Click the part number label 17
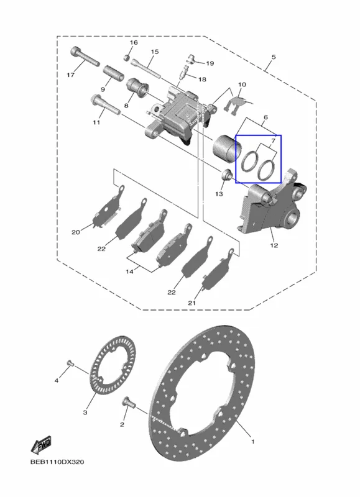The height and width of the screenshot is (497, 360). click(x=70, y=75)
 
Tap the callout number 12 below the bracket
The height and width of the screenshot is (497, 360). click(x=274, y=245)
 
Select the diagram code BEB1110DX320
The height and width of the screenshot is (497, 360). click(x=57, y=462)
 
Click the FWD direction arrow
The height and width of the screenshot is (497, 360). click(x=41, y=445)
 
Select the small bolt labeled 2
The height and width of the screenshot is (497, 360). click(x=129, y=403)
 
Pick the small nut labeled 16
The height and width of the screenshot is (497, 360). click(x=127, y=57)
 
